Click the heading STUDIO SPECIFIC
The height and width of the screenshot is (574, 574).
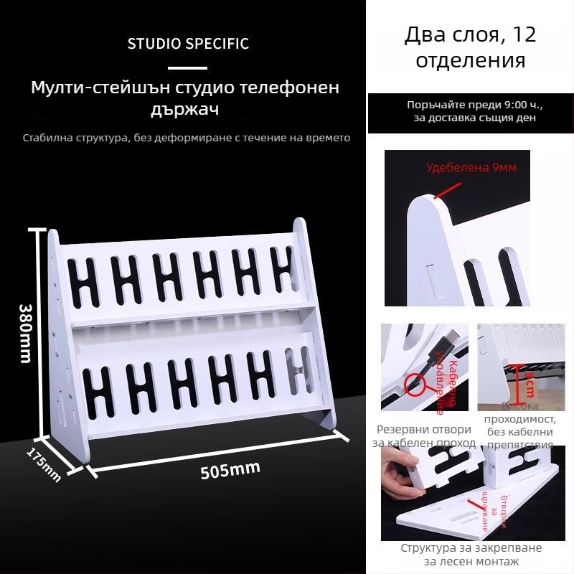point(188,43)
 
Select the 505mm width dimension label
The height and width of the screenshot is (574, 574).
point(230,471)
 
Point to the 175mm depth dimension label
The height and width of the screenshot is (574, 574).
point(44,464)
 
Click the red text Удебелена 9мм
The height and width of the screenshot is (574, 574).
point(471,168)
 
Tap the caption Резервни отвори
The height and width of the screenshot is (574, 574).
point(424,429)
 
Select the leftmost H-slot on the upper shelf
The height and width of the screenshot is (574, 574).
point(87,281)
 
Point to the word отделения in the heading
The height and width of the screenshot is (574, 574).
point(471,60)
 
